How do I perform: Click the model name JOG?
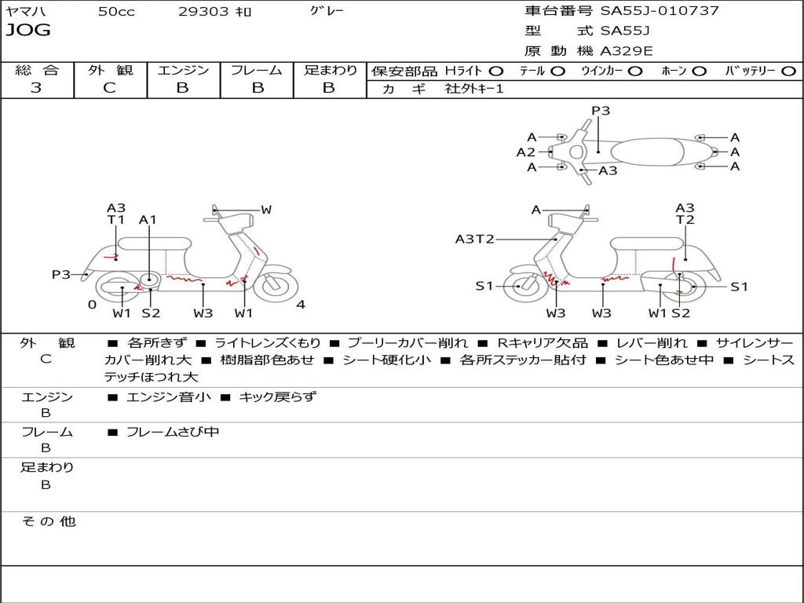pos(28,31)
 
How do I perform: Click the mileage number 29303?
pos(203,12)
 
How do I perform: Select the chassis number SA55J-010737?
pos(660,11)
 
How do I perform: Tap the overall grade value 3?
pos(36,88)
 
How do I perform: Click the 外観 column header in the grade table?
pos(110,70)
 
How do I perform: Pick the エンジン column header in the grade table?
pos(183,70)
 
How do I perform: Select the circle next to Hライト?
pos(496,71)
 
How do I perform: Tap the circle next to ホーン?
pos(700,71)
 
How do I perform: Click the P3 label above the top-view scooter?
pos(601,111)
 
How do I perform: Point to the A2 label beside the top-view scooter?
pos(525,152)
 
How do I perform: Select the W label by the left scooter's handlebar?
pos(266,210)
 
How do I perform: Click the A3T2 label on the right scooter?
pos(475,239)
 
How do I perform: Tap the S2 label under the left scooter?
pos(151,313)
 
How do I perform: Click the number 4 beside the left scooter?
pos(301,305)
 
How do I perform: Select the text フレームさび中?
pos(173,432)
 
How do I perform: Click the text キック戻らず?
pos(277,397)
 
